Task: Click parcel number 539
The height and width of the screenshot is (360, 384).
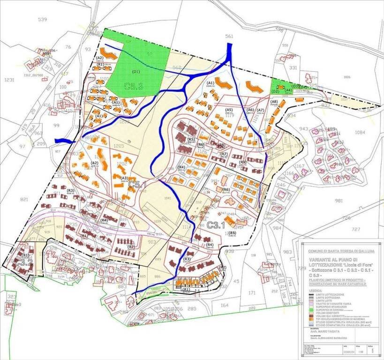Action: [x=43, y=20]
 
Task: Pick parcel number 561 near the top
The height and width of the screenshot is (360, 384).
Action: [x=229, y=36]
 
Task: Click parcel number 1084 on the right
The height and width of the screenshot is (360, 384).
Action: [x=360, y=133]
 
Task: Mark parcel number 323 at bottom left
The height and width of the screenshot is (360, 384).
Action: [x=12, y=297]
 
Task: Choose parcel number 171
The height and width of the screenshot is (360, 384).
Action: [x=252, y=292]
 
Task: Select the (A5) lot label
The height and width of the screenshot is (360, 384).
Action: [x=229, y=110]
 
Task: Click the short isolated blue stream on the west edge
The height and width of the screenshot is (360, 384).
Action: [x=64, y=141]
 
